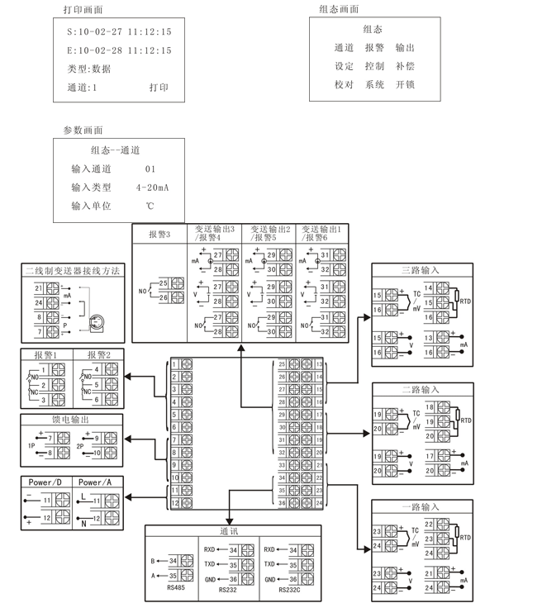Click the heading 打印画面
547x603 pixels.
click(x=83, y=10)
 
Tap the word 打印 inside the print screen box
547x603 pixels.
click(x=159, y=88)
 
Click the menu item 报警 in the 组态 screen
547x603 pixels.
click(x=374, y=48)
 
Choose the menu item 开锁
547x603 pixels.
click(x=405, y=84)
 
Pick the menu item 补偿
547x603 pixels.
click(x=405, y=66)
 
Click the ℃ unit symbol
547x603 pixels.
click(x=150, y=206)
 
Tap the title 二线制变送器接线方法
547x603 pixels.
click(x=73, y=270)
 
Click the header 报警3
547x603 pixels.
click(x=159, y=235)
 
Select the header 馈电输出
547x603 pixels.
click(x=72, y=420)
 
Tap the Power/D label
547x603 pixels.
click(x=45, y=482)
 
